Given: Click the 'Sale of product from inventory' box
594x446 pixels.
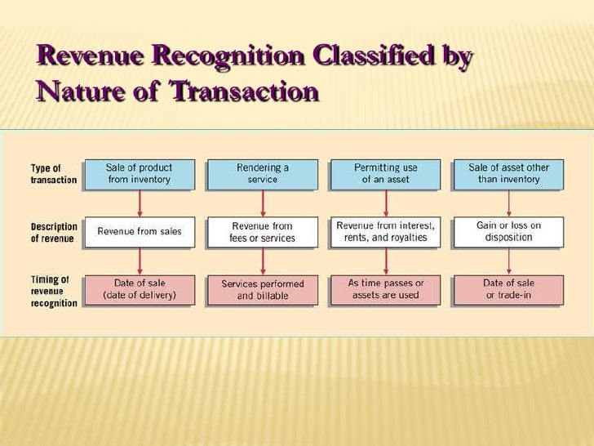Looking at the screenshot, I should pyautogui.click(x=140, y=173).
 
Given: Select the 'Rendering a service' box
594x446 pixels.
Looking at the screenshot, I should pyautogui.click(x=262, y=173).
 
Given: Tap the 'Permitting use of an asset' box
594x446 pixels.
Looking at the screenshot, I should pyautogui.click(x=385, y=173).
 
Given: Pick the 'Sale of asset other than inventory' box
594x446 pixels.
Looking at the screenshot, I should pyautogui.click(x=508, y=173).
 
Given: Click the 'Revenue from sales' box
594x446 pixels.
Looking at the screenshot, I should pyautogui.click(x=140, y=231).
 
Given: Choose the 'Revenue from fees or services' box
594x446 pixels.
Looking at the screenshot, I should pyautogui.click(x=262, y=231).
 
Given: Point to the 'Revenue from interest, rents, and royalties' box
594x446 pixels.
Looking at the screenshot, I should pyautogui.click(x=385, y=231).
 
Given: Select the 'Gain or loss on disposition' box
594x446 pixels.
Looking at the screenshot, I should pyautogui.click(x=508, y=231).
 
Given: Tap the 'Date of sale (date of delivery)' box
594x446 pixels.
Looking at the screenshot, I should pyautogui.click(x=140, y=289).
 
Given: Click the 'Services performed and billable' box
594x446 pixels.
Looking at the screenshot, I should pyautogui.click(x=262, y=289).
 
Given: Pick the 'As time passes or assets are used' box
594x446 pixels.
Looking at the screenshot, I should pyautogui.click(x=385, y=289).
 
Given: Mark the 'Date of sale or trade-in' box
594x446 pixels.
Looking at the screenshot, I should pyautogui.click(x=508, y=289).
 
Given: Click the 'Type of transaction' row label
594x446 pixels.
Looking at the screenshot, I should pyautogui.click(x=53, y=174).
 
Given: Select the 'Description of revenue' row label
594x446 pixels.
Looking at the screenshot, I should pyautogui.click(x=55, y=232).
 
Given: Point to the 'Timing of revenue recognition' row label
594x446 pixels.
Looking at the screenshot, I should pyautogui.click(x=54, y=291).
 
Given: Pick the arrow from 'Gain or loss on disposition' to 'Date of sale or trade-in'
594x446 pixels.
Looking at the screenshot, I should pyautogui.click(x=508, y=261).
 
